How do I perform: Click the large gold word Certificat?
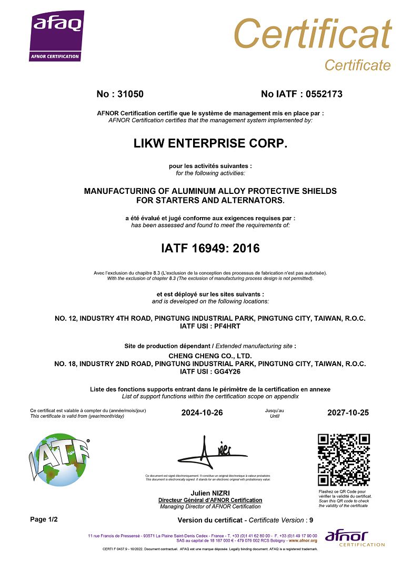coord(313,34)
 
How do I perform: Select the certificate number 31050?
coord(130,94)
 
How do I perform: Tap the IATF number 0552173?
coord(321,94)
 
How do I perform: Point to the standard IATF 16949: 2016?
coord(210,248)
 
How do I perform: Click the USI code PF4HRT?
coord(225,327)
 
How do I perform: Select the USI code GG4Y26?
coord(225,371)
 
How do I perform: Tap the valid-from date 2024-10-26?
coord(202,413)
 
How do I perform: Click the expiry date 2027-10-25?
coord(348,413)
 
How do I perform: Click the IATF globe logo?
coord(60,458)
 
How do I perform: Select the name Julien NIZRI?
coord(210,493)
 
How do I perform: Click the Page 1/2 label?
coord(44,519)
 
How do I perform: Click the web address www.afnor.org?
coord(303,541)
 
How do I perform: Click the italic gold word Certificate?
coord(357,65)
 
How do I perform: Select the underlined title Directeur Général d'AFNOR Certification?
coord(210,500)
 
